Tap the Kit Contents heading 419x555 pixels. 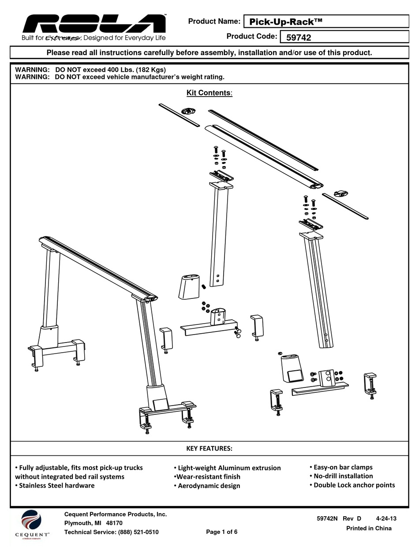209,93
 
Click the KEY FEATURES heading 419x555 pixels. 209,448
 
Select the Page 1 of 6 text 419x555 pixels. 221,532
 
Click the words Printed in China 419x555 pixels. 368,528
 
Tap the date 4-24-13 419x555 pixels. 387,519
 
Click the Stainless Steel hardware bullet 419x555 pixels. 55,486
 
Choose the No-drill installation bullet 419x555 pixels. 341,476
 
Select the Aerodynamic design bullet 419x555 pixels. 207,486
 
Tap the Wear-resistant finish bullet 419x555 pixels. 207,477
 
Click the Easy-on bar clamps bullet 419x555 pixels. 341,467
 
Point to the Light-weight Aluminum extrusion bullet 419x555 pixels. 227,468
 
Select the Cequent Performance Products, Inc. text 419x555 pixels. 116,514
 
